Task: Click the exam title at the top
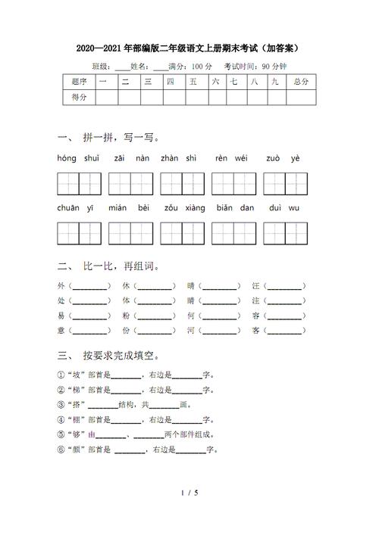(x=189, y=48)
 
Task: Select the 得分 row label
(x=79, y=97)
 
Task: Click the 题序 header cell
(x=79, y=81)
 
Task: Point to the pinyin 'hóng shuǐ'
(x=79, y=158)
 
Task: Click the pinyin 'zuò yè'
(x=284, y=158)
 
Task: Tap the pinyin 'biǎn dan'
(x=235, y=207)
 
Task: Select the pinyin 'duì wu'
(x=284, y=207)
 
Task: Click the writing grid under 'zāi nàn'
(x=130, y=184)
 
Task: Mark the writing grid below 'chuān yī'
(x=79, y=233)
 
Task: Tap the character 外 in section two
(x=61, y=287)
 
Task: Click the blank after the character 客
(x=284, y=331)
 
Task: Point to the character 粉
(x=126, y=316)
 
